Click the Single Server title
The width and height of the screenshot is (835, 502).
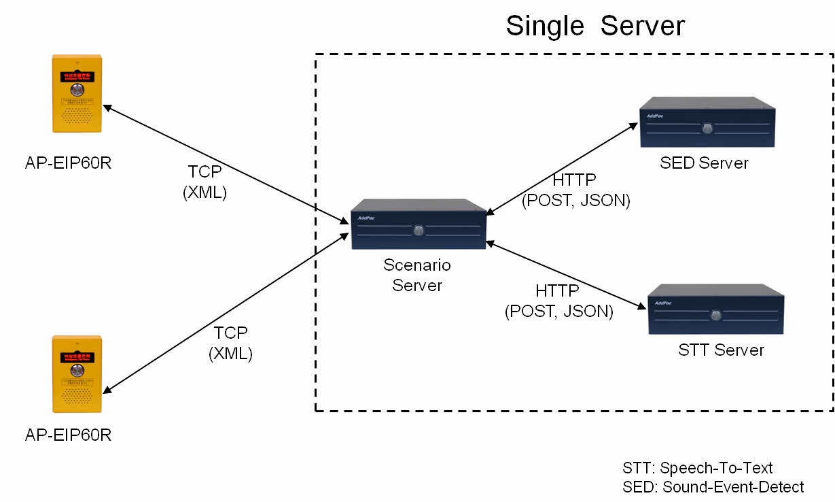click(x=595, y=26)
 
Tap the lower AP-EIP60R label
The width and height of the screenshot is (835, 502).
click(x=68, y=435)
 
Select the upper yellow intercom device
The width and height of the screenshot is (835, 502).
click(x=77, y=93)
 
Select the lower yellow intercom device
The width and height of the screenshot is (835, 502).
click(x=77, y=374)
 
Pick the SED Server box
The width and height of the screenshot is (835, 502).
click(x=707, y=123)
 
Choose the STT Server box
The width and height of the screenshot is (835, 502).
click(x=715, y=309)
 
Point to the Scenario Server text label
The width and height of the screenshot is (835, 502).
click(x=417, y=275)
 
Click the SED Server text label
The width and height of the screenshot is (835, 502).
click(x=704, y=163)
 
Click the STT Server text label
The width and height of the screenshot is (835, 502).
click(x=721, y=350)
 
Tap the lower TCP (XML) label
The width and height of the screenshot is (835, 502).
click(x=231, y=344)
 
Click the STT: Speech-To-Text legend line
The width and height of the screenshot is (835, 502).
click(x=697, y=468)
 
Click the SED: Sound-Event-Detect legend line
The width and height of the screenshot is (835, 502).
click(x=713, y=487)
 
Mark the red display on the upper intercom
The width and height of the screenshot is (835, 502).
click(x=77, y=76)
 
